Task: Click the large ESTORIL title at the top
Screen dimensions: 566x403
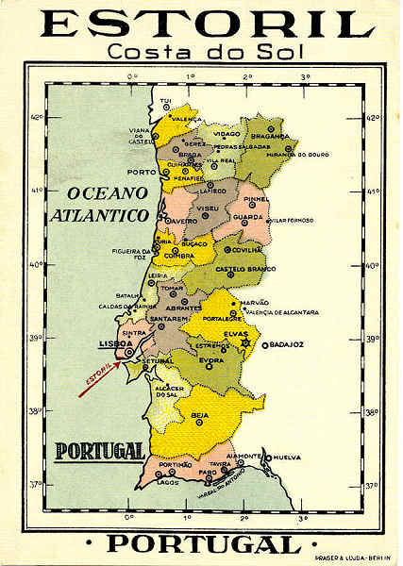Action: click(x=201, y=24)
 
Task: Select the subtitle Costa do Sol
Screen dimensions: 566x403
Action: click(x=201, y=53)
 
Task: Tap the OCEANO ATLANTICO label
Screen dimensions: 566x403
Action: click(x=107, y=204)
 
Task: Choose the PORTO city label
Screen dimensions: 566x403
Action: click(x=141, y=173)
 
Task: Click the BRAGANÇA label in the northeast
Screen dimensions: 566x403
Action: click(x=270, y=136)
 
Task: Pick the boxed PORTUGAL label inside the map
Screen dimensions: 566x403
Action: click(x=100, y=450)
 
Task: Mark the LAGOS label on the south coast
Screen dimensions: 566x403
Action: click(x=168, y=482)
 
